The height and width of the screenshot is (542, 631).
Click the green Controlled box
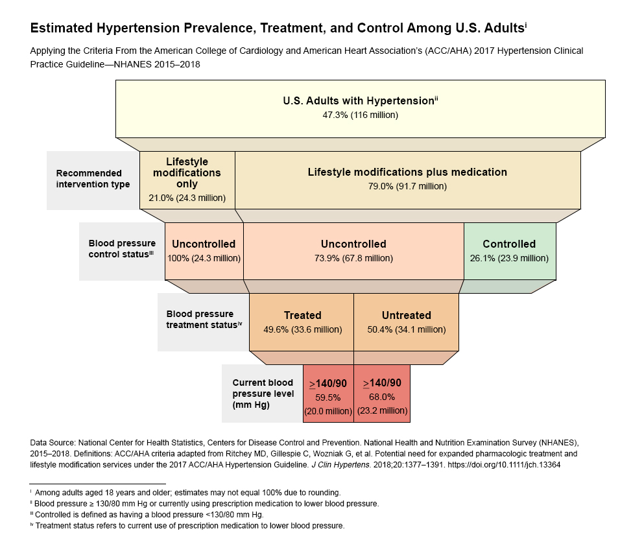coord(509,250)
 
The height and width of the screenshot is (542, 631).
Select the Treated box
coord(302,322)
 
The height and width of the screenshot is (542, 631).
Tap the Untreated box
coord(406,322)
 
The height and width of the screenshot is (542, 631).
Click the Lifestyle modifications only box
coord(187,180)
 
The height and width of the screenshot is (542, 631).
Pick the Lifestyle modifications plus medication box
coord(407,180)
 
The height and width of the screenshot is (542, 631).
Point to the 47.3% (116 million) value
coord(360,115)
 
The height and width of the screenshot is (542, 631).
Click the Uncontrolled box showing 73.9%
coord(353,250)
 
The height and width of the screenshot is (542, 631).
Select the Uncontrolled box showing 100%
coord(204,250)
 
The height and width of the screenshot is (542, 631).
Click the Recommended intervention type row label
coord(93,179)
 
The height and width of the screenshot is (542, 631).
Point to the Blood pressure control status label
coord(121,249)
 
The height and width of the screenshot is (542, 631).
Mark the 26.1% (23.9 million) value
coord(509,258)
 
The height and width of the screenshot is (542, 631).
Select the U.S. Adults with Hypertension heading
coord(359,101)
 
